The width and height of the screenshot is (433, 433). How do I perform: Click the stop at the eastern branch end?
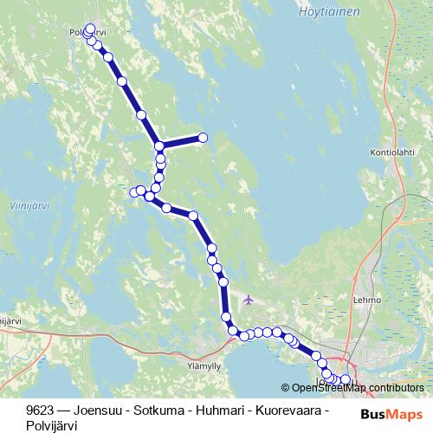204,138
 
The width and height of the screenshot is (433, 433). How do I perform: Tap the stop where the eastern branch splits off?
159,145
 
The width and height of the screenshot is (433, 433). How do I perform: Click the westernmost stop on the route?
133,191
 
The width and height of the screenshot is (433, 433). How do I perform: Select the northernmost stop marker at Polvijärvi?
90,29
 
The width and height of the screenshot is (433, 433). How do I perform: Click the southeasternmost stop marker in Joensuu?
346,379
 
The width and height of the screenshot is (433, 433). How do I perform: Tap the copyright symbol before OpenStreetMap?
286,388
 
